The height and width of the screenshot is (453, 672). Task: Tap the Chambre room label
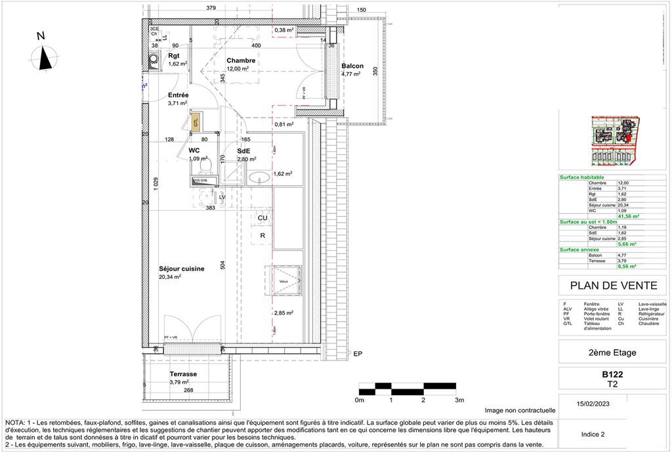point(241,60)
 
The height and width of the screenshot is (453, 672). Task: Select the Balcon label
point(352,66)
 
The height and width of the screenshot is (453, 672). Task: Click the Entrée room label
point(178,95)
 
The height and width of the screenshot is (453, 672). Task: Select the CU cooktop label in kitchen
point(262,218)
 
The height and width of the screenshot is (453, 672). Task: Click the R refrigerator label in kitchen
point(262,235)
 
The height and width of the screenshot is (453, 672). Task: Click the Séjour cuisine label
point(182,269)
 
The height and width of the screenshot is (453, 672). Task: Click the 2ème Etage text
point(612,353)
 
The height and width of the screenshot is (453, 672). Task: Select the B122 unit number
point(612,375)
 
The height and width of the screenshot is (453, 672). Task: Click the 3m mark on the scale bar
point(459,400)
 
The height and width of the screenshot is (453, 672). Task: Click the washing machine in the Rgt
point(153,60)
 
